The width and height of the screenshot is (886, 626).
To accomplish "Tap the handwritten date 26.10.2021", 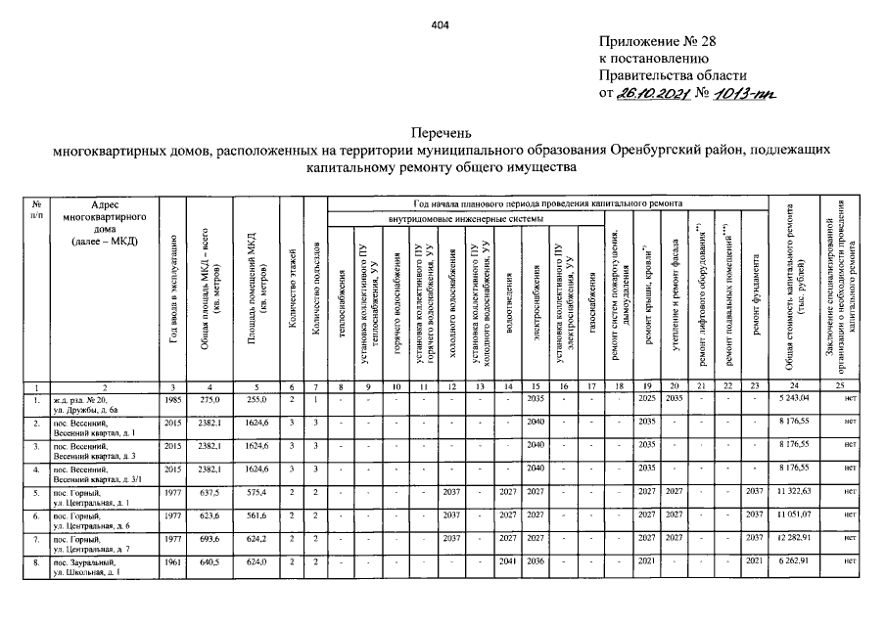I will click(x=651, y=93).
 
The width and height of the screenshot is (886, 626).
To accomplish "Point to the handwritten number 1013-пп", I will click(x=743, y=93).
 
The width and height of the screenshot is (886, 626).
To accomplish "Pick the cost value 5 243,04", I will click(x=794, y=399).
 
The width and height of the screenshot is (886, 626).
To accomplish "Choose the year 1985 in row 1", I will click(x=173, y=399).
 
